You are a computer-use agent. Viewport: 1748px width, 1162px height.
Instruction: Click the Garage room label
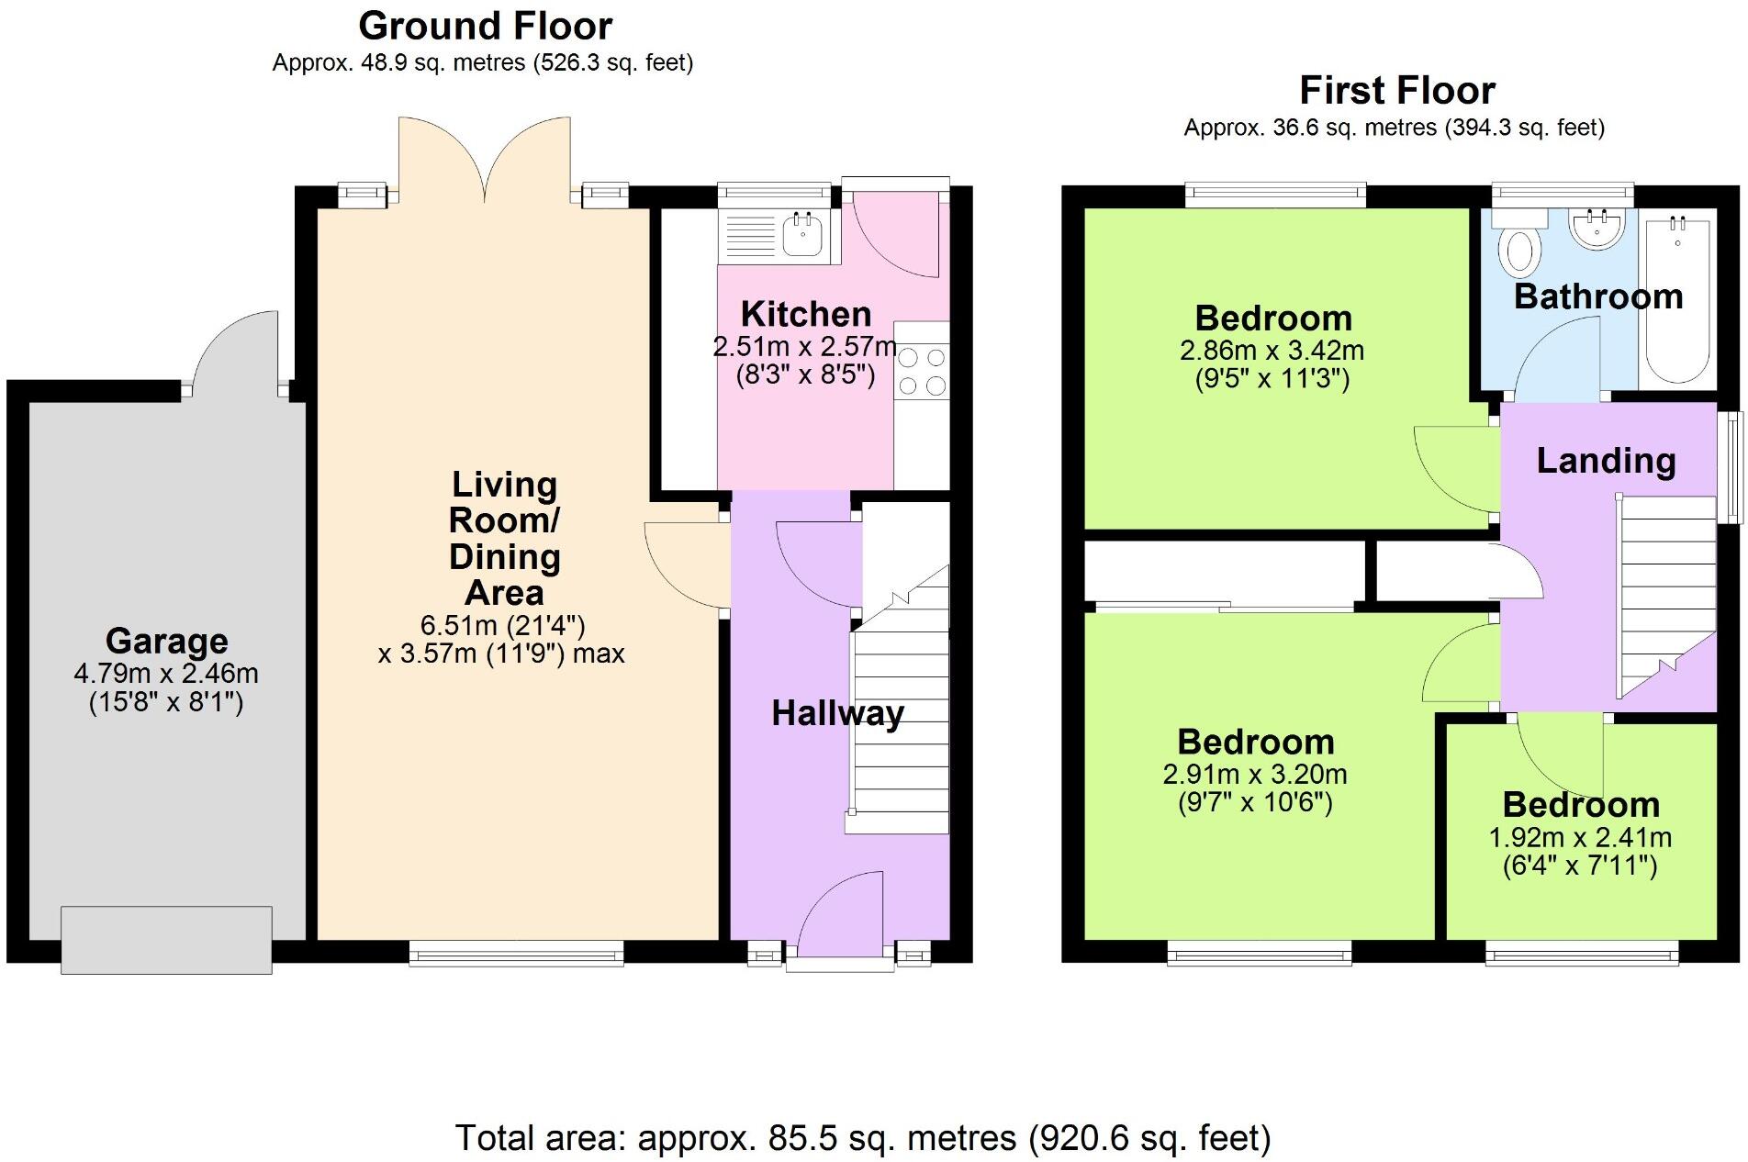(x=166, y=641)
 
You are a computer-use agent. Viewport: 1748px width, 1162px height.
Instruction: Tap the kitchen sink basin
(x=803, y=235)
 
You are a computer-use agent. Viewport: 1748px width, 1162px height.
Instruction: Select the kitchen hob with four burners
(x=922, y=371)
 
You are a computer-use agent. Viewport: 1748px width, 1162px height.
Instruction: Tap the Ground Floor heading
(x=485, y=26)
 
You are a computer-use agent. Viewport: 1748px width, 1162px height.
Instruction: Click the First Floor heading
(x=1396, y=90)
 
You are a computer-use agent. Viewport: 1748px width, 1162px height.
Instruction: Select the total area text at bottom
(x=863, y=1138)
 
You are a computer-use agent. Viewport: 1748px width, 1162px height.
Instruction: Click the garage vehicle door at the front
(x=166, y=939)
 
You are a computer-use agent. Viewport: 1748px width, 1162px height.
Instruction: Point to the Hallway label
(x=837, y=713)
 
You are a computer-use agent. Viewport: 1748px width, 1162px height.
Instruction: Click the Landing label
(x=1606, y=461)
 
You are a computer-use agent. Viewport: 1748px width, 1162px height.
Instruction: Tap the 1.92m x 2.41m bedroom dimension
(x=1579, y=838)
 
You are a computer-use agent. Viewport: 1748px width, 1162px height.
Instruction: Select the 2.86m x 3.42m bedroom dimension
(x=1272, y=351)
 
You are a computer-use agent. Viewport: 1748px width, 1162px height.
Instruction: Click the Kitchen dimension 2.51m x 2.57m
(x=804, y=347)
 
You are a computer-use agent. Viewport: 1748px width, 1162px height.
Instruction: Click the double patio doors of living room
(x=485, y=161)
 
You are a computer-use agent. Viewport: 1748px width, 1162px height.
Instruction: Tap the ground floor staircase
(x=901, y=716)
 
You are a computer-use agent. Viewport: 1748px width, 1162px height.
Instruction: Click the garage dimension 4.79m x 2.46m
(x=166, y=674)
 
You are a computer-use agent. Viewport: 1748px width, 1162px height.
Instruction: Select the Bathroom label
(x=1597, y=296)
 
